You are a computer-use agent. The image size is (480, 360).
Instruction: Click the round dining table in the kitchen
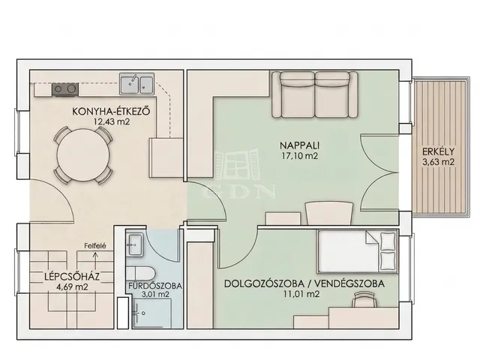click(83, 156)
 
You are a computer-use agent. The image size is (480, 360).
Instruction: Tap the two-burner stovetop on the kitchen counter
click(65, 89)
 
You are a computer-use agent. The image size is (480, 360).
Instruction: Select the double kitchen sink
click(136, 83)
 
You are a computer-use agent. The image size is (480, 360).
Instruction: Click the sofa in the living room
click(315, 94)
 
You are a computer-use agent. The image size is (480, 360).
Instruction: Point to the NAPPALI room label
click(300, 145)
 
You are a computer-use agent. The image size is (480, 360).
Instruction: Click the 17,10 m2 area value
click(300, 156)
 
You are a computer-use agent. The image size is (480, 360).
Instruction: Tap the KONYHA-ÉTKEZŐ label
click(111, 111)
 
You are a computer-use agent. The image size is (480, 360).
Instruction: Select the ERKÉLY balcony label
click(438, 151)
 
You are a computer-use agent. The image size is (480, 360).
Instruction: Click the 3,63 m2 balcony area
click(438, 162)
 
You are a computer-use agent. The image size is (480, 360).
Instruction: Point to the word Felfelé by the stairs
click(95, 245)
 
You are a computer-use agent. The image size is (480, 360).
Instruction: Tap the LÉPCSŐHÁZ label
click(72, 277)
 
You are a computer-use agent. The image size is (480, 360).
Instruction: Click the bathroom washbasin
click(134, 244)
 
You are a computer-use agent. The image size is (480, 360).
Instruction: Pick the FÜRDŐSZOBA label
click(155, 286)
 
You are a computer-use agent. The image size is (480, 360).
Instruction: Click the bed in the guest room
click(357, 251)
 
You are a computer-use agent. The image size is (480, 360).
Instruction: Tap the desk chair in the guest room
click(364, 299)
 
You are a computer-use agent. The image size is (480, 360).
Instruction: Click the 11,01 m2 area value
click(301, 294)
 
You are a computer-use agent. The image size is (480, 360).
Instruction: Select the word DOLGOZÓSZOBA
click(265, 283)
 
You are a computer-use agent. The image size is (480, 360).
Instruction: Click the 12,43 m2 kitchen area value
click(112, 121)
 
